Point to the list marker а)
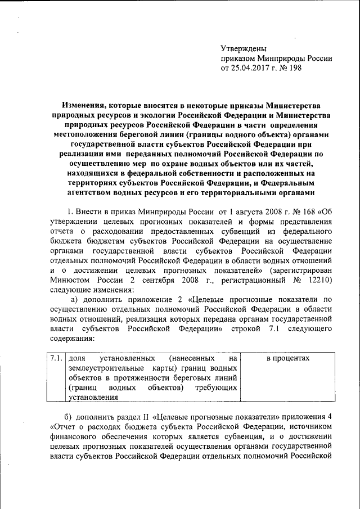pyautogui.click(x=74, y=299)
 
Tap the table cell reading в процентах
pyautogui.click(x=288, y=358)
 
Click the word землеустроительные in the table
pyautogui.click(x=102, y=368)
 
